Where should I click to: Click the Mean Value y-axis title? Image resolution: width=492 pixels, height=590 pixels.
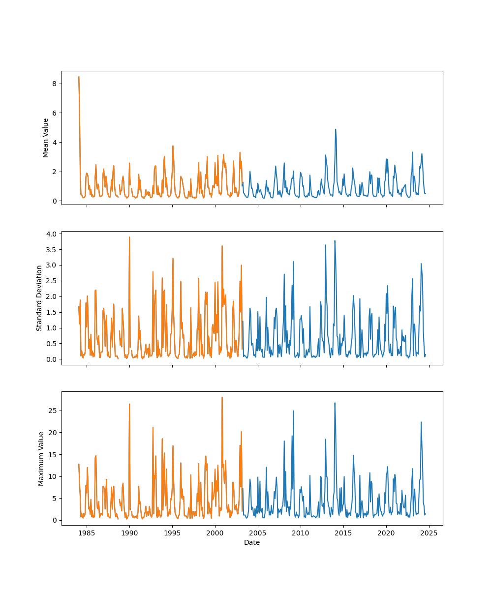point(46,138)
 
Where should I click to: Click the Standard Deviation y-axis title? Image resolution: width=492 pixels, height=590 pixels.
point(39,298)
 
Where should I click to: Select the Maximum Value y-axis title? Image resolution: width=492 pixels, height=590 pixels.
point(41,459)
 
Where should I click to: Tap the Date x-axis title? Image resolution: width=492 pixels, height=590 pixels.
point(252,542)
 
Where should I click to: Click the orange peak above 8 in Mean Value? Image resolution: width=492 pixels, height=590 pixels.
point(79,77)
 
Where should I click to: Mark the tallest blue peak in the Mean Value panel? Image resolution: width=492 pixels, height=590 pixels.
point(336,129)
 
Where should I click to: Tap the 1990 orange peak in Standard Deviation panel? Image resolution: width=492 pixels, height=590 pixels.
point(129,237)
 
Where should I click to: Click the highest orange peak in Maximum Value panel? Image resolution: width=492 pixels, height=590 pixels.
point(222,397)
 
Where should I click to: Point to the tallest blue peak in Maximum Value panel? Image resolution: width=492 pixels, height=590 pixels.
point(335,403)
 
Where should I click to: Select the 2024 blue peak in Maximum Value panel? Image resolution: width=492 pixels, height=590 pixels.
point(421,422)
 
